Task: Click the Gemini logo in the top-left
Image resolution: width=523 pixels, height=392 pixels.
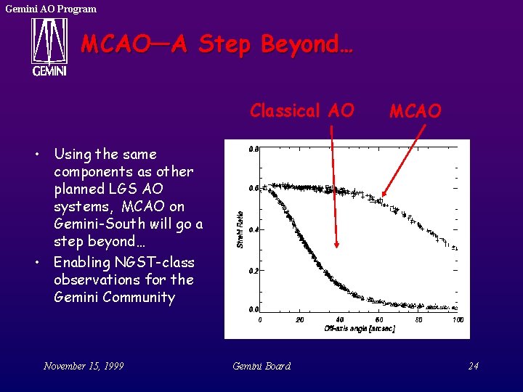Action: [49, 46]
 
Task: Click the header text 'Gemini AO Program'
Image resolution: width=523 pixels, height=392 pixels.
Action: [50, 9]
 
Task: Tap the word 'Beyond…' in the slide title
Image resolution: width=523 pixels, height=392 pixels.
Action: [307, 44]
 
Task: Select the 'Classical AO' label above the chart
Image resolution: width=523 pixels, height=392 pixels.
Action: [301, 110]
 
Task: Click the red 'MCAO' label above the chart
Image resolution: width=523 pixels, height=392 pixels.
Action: [415, 111]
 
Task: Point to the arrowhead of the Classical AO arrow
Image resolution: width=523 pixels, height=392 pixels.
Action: [336, 248]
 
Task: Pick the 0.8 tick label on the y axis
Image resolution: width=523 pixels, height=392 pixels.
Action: [253, 149]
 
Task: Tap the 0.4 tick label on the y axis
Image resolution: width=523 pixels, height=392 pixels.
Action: [253, 229]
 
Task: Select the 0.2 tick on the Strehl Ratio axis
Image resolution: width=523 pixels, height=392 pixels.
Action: [253, 270]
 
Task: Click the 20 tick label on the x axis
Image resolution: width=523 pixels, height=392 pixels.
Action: [300, 319]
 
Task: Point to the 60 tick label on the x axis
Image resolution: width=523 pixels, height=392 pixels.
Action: [378, 319]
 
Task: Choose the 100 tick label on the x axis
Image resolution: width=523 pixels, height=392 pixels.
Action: [458, 319]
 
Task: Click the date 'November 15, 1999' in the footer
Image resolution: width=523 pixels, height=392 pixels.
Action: [84, 366]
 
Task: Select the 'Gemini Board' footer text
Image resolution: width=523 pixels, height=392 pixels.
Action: [261, 366]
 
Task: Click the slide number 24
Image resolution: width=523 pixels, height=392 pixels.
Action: [473, 366]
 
